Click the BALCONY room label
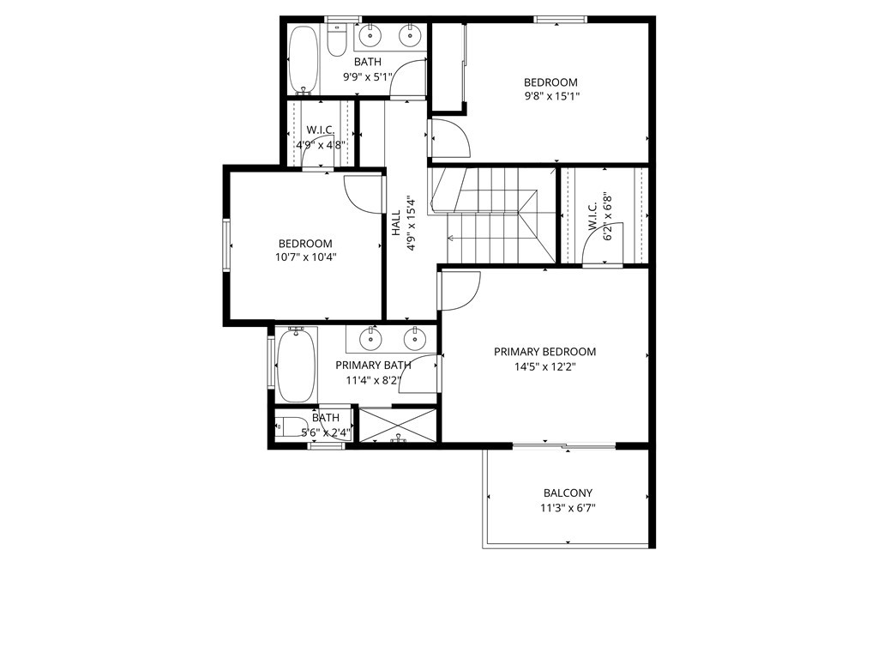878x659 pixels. [568, 493]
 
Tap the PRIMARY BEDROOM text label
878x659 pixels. [544, 352]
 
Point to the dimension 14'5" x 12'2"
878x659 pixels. [544, 366]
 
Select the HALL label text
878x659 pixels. [396, 225]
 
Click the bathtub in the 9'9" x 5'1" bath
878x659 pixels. [303, 60]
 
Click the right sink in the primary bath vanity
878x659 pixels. [416, 339]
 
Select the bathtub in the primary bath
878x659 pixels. [296, 366]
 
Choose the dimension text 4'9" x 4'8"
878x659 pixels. [321, 145]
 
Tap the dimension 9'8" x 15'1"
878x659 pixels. [551, 96]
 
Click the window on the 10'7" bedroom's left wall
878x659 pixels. [228, 245]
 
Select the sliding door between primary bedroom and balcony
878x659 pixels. [563, 445]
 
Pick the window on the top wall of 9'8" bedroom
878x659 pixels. [560, 18]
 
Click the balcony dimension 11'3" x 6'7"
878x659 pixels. [568, 507]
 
